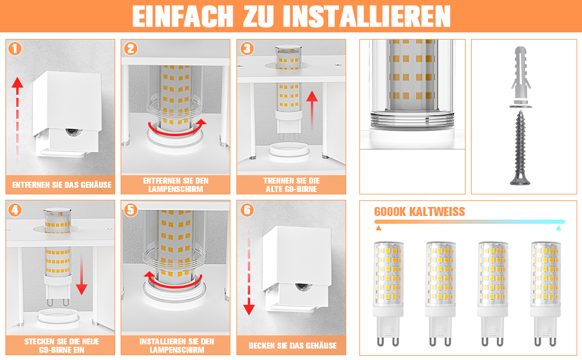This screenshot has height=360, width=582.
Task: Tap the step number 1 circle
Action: click(15, 49)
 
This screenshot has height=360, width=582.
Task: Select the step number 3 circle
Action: click(247, 49)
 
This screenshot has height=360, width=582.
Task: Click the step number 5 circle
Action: click(130, 210)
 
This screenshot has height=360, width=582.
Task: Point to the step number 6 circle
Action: click(247, 210)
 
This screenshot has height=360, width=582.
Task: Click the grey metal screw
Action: click(520, 148)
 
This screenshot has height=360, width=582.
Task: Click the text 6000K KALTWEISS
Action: click(419, 212)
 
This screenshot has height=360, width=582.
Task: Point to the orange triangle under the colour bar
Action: click(378, 228)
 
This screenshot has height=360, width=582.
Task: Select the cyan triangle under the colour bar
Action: click(558, 228)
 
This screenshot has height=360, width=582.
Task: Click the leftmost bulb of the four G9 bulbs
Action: click(388, 293)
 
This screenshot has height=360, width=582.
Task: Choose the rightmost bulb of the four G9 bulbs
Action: click(545, 293)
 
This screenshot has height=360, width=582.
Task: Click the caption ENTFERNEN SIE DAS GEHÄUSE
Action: click(62, 185)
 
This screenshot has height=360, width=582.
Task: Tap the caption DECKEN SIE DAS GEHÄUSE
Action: click(292, 346)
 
